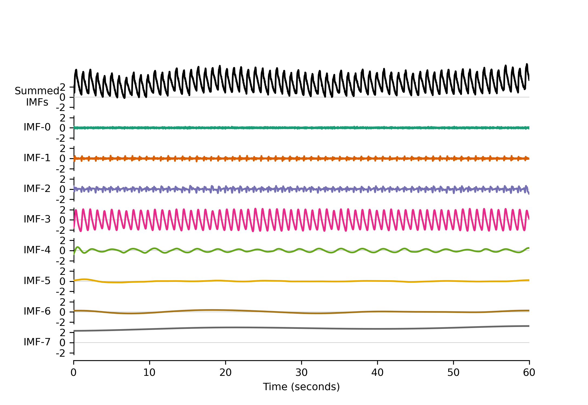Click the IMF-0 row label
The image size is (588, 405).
[x=37, y=127]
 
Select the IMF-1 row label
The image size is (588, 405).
[x=37, y=158]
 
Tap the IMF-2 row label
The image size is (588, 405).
[x=37, y=189]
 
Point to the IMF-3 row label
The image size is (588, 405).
[x=37, y=219]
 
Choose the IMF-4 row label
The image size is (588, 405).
[x=37, y=250]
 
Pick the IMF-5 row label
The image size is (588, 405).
[x=37, y=281]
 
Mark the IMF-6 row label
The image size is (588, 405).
[x=37, y=311]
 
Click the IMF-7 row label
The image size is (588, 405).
[x=37, y=342]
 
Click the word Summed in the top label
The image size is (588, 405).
[x=37, y=91]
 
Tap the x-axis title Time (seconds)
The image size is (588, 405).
[x=301, y=387]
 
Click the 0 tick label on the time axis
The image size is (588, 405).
[x=74, y=373]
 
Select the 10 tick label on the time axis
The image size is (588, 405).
[x=150, y=373]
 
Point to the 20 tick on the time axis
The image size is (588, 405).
[x=225, y=373]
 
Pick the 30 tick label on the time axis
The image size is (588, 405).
[x=301, y=373]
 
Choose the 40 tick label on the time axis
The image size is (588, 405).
[x=377, y=373]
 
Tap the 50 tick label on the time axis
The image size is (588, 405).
[x=453, y=373]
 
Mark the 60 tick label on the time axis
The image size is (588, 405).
[x=529, y=373]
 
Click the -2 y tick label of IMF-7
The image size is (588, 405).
[x=61, y=353]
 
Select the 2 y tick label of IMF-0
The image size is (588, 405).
[x=62, y=118]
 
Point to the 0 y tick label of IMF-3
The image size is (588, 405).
[x=62, y=220]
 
